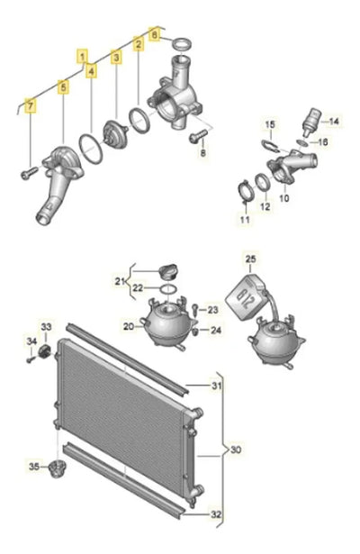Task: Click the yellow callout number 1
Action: pyautogui.click(x=82, y=56)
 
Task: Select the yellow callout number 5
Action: pyautogui.click(x=64, y=87)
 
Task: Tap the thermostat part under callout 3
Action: pyautogui.click(x=114, y=131)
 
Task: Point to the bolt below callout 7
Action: pyautogui.click(x=29, y=173)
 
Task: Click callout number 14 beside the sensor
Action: pyautogui.click(x=334, y=122)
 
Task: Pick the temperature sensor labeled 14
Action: pyautogui.click(x=310, y=122)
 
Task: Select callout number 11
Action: pyautogui.click(x=245, y=220)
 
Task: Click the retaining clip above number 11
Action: pyautogui.click(x=245, y=192)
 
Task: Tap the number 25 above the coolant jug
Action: pyautogui.click(x=250, y=259)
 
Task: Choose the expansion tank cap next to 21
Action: pyautogui.click(x=168, y=271)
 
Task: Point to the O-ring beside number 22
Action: pyautogui.click(x=168, y=289)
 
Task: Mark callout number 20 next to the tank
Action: pyautogui.click(x=129, y=326)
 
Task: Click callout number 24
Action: pyautogui.click(x=216, y=330)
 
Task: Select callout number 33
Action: pyautogui.click(x=47, y=327)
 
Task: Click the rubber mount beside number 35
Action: pyautogui.click(x=57, y=468)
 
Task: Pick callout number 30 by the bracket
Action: pyautogui.click(x=236, y=450)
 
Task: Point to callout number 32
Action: pyautogui.click(x=216, y=514)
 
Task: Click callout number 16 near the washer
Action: pyautogui.click(x=323, y=142)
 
